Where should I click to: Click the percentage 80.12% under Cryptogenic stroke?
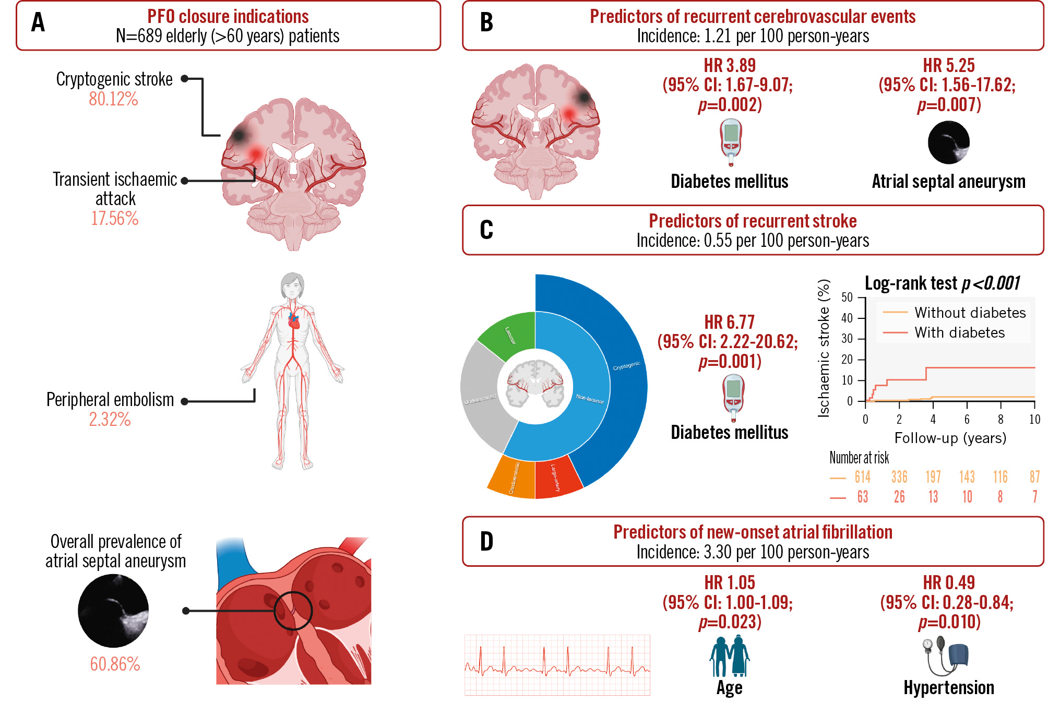[x=113, y=99]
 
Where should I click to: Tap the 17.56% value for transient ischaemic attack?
[x=115, y=218]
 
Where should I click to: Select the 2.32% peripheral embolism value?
[x=110, y=419]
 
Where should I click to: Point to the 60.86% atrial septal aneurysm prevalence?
[x=115, y=664]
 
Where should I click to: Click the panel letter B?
[x=486, y=23]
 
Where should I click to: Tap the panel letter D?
[x=486, y=542]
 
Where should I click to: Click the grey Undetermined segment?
[x=481, y=399]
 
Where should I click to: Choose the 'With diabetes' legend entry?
[x=959, y=333]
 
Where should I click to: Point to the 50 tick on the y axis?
[x=847, y=297]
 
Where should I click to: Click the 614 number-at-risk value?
[x=862, y=477]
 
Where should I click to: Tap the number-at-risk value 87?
[x=1034, y=477]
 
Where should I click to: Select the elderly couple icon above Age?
[x=729, y=656]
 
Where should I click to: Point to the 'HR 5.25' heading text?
[x=948, y=66]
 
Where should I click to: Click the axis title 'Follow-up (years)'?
[x=950, y=438]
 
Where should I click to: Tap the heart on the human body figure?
[x=294, y=322]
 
